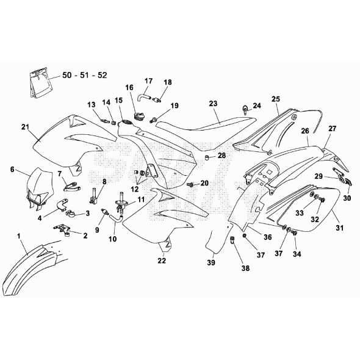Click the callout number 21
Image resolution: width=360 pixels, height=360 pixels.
click(x=25, y=127)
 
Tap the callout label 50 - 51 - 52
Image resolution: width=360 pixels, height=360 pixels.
click(x=87, y=76)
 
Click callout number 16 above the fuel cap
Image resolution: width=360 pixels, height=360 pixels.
click(x=129, y=88)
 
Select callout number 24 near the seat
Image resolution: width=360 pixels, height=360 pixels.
click(x=257, y=106)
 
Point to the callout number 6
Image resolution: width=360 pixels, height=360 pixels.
click(x=11, y=171)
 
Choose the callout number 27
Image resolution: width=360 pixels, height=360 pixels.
click(x=333, y=129)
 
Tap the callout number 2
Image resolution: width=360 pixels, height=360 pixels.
click(x=85, y=236)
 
